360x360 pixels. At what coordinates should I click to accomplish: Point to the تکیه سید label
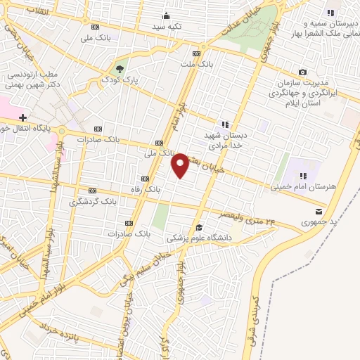168,27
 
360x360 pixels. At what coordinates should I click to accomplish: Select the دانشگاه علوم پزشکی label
203,238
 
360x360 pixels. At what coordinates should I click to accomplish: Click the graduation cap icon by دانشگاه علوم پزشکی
199,227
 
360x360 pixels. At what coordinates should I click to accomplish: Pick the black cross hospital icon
23,117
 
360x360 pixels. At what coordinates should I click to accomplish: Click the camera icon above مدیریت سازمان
302,72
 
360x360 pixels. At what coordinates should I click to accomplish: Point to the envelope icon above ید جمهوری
320,211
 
